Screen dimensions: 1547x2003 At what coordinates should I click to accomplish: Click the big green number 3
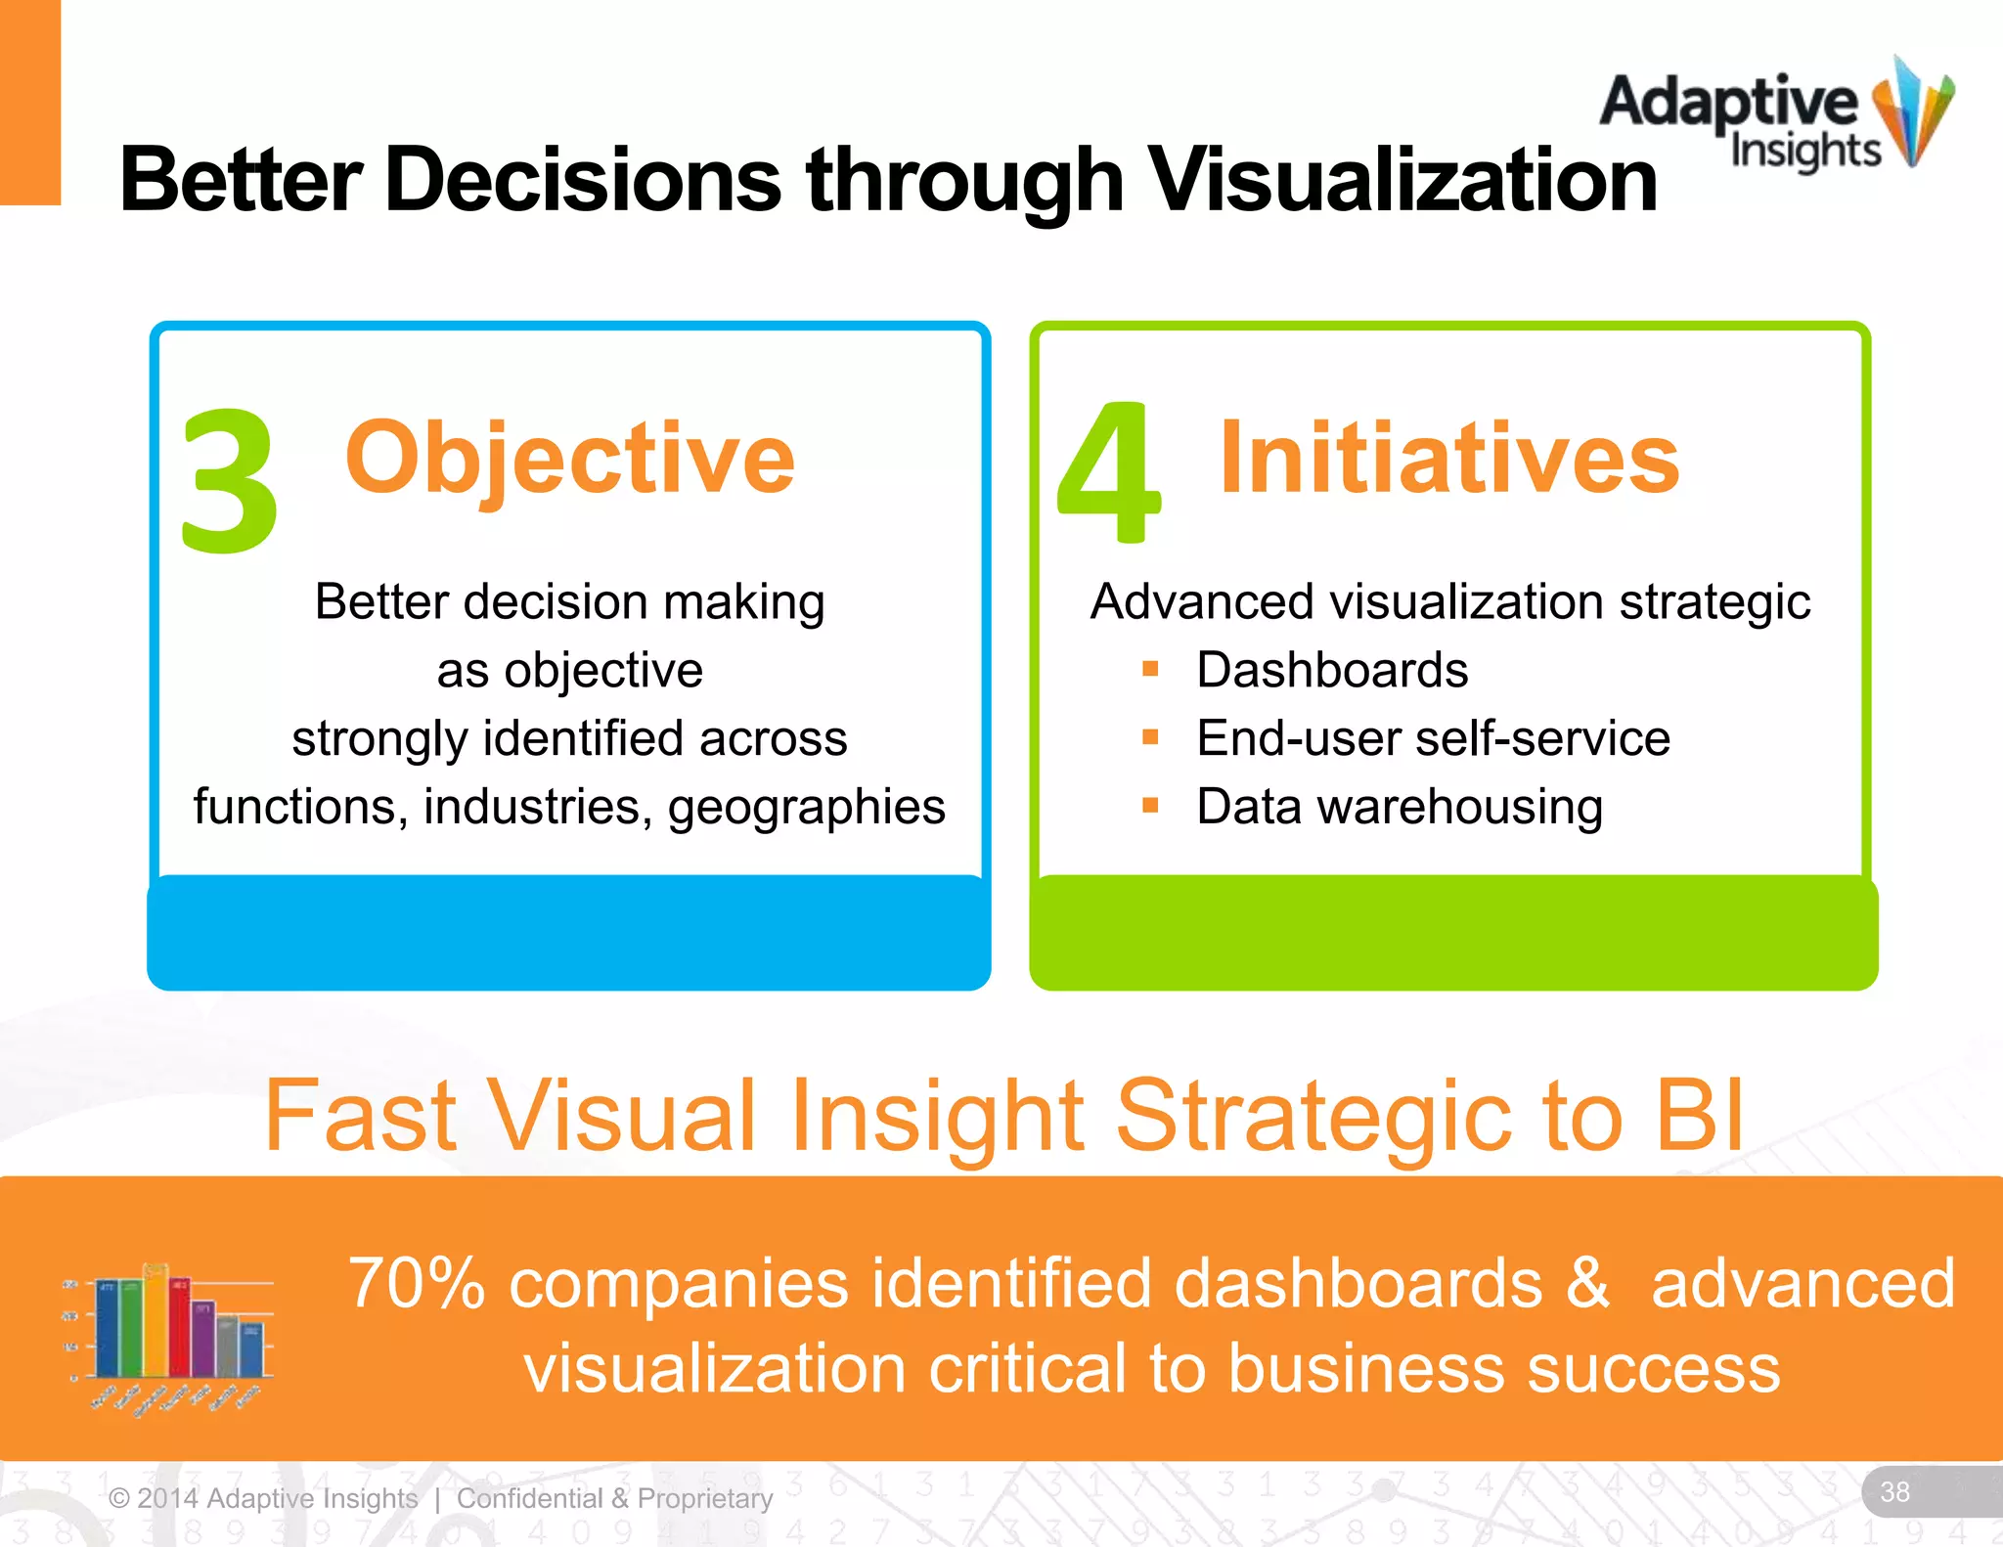[x=230, y=479]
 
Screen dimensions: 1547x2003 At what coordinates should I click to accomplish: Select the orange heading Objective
[x=570, y=458]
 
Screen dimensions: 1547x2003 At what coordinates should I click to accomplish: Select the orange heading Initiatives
[x=1449, y=458]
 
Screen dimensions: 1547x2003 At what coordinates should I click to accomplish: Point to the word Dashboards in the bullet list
[x=1332, y=671]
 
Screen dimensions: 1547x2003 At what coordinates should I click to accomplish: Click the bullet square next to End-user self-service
[x=1150, y=737]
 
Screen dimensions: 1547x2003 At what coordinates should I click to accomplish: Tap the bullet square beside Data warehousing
[x=1150, y=806]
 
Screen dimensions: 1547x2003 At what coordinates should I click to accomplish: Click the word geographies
[x=806, y=808]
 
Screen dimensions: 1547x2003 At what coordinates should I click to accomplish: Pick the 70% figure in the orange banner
[x=417, y=1283]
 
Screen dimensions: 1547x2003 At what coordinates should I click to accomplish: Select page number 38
[x=1894, y=1491]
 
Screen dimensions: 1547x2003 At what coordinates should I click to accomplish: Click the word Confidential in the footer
[x=529, y=1498]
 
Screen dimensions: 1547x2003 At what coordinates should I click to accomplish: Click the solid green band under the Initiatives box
[x=1453, y=933]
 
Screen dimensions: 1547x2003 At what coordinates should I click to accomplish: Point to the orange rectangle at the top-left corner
[x=29, y=102]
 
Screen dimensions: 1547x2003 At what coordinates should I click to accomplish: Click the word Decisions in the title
[x=583, y=180]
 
